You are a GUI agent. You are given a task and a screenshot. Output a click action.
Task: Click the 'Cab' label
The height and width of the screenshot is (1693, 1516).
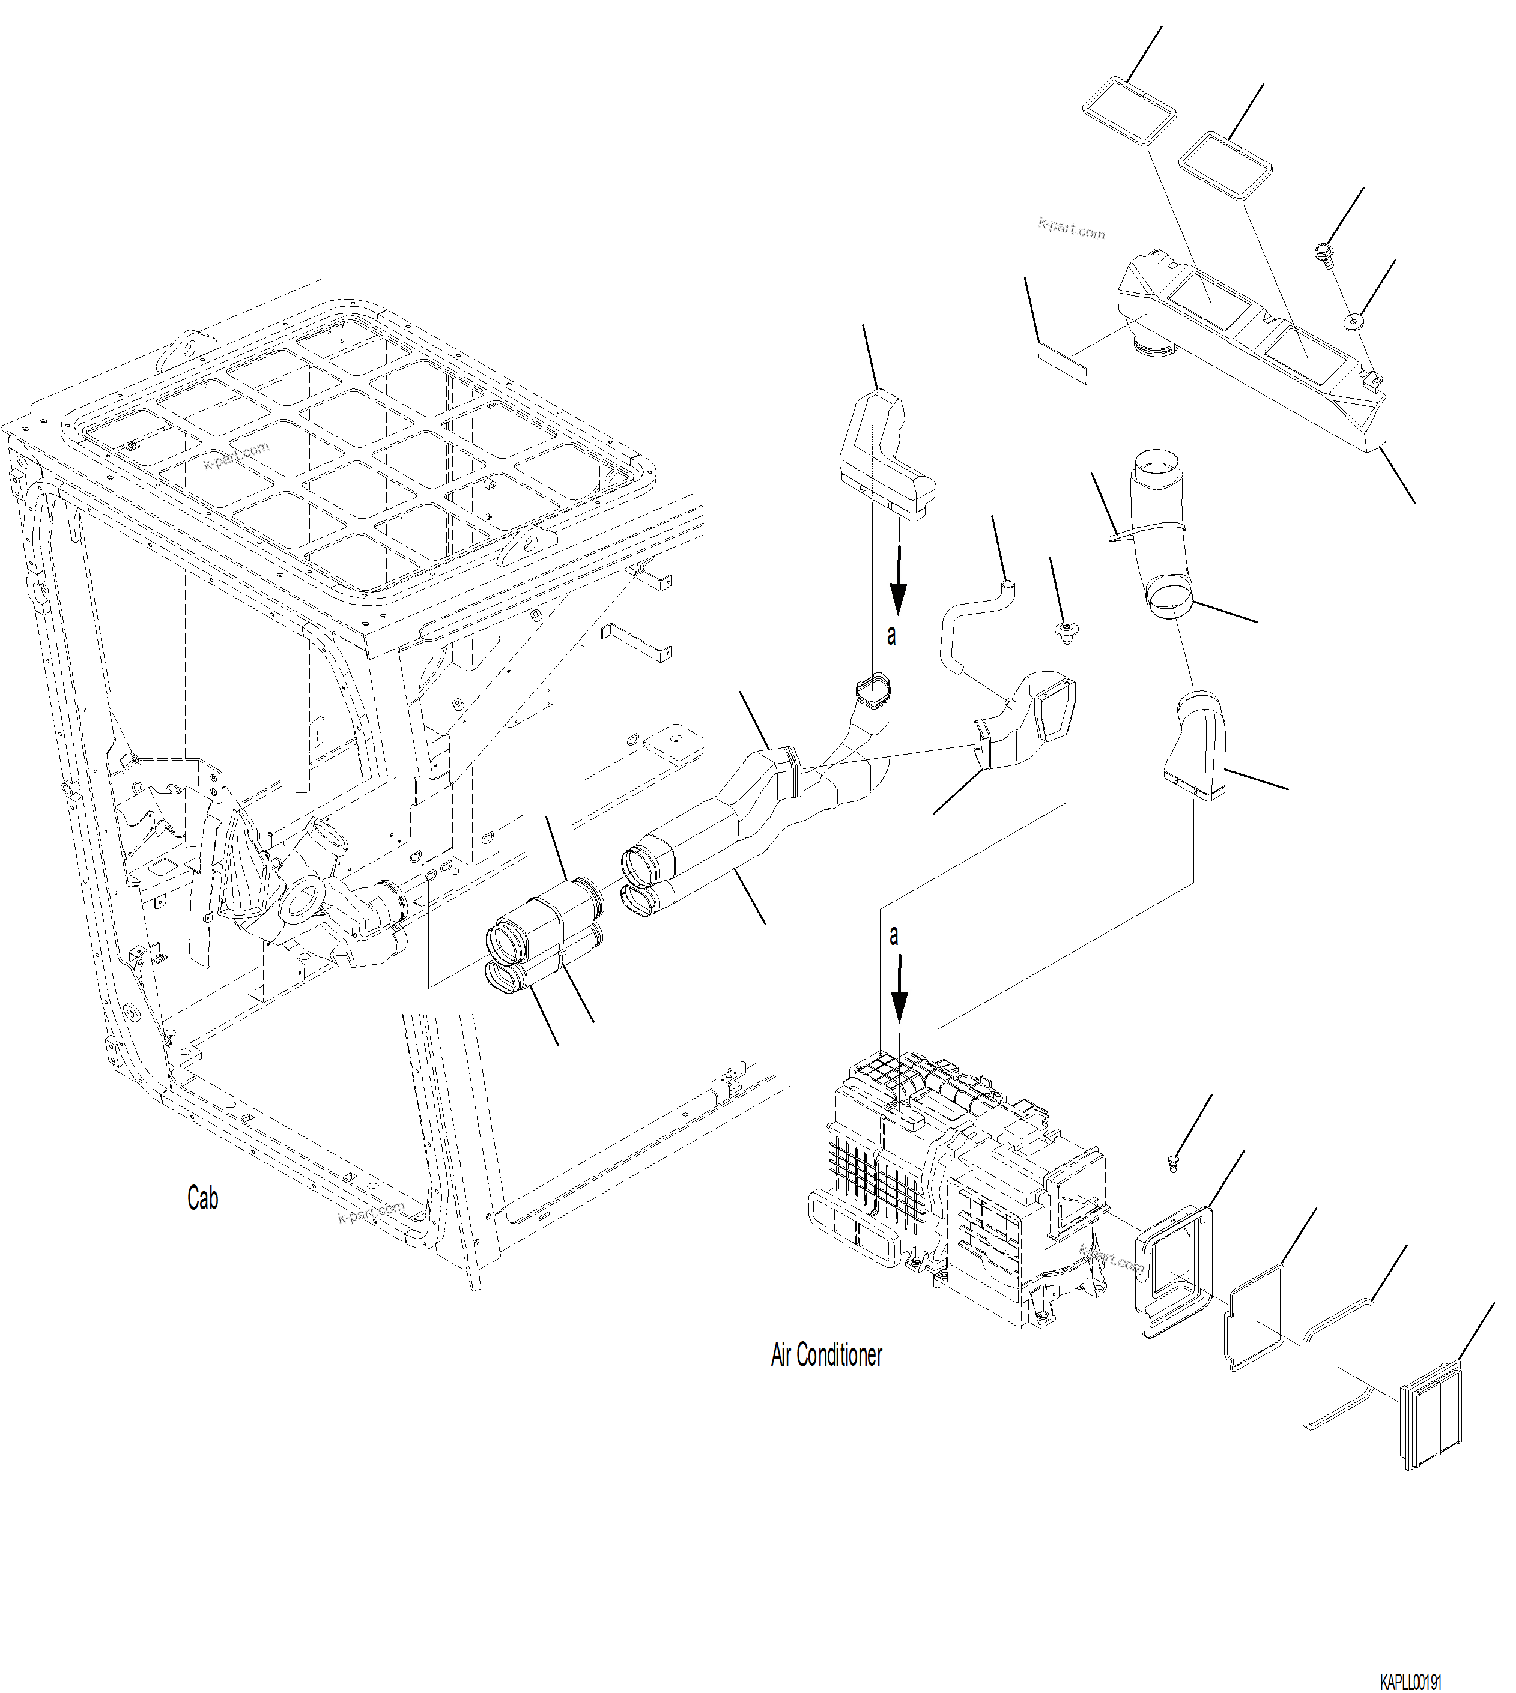click(x=202, y=1198)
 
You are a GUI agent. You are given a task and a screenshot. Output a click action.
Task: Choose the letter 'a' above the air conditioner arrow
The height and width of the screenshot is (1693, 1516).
click(x=894, y=935)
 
